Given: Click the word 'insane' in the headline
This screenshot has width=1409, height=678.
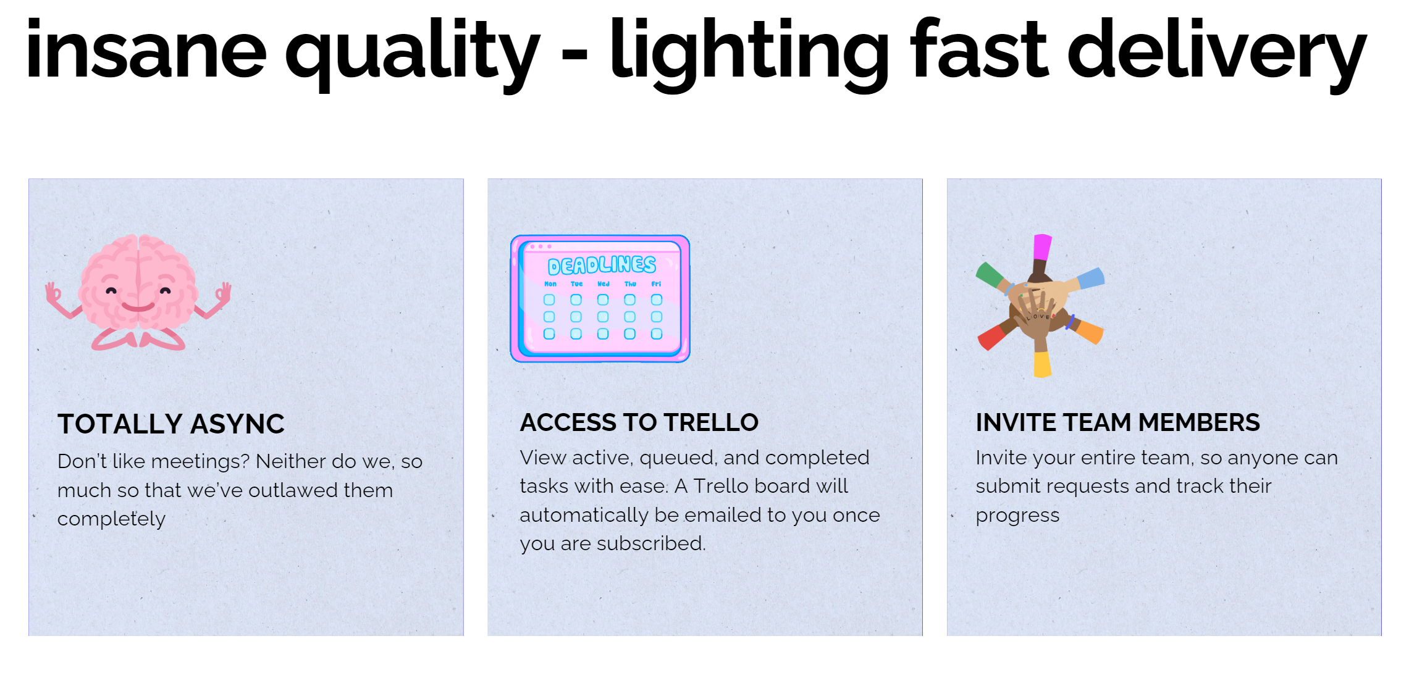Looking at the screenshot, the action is click(x=146, y=49).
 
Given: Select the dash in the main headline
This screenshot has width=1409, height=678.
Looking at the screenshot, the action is click(x=574, y=54).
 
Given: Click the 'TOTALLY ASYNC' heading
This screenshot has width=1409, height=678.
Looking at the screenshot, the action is click(x=171, y=424).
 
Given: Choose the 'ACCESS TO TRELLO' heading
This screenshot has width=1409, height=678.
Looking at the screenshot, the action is click(x=639, y=422).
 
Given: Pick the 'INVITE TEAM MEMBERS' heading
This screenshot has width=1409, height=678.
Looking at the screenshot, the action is click(x=1117, y=422).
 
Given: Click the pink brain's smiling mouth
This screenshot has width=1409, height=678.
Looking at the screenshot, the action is click(x=138, y=306).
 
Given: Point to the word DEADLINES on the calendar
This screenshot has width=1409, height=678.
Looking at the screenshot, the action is click(x=602, y=265).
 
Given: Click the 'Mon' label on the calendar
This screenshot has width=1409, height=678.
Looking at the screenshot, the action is click(x=550, y=284).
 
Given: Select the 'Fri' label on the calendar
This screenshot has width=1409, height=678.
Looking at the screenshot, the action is click(x=656, y=284).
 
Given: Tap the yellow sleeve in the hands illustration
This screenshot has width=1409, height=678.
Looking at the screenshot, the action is click(x=1043, y=364).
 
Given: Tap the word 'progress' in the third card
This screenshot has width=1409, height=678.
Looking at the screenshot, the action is click(x=1017, y=516).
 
